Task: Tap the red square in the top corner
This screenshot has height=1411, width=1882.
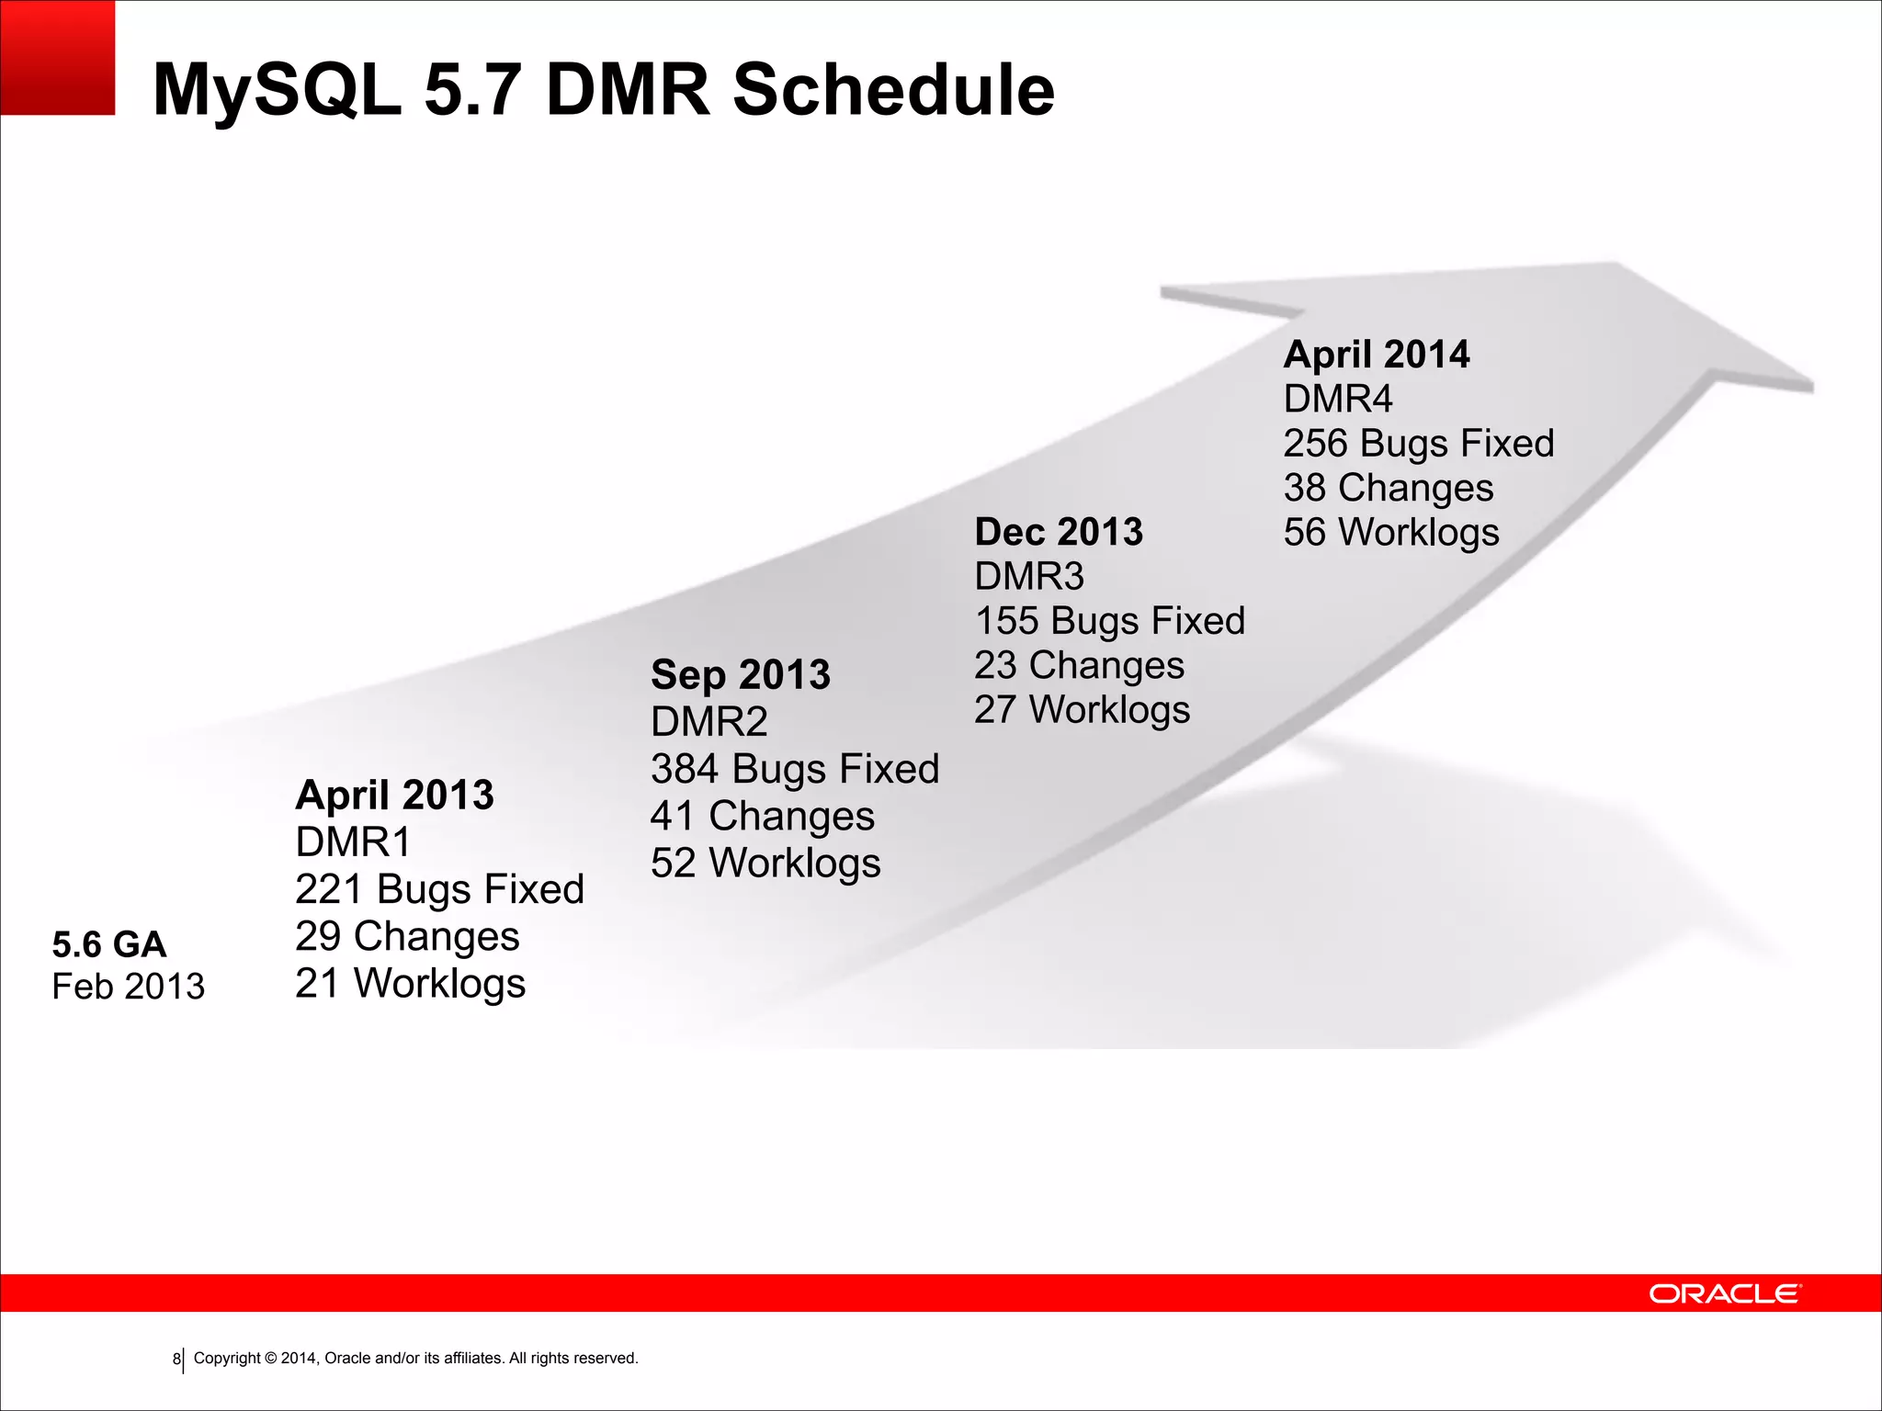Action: (x=57, y=57)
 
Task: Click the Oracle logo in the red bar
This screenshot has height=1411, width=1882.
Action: (x=1725, y=1293)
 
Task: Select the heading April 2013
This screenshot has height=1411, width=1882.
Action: (x=394, y=795)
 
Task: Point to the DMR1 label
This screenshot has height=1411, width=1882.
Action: (x=353, y=841)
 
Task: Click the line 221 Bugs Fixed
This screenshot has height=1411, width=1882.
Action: (x=439, y=889)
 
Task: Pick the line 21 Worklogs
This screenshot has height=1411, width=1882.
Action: (x=410, y=983)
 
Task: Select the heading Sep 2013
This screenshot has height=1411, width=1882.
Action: (x=740, y=675)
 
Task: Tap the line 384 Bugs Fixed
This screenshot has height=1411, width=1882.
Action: (x=795, y=769)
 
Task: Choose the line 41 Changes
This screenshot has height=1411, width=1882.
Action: (x=762, y=816)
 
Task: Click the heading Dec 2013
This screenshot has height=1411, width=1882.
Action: (x=1059, y=532)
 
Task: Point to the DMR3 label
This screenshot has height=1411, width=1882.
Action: (x=1029, y=576)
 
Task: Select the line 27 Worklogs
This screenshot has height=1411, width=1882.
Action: (x=1082, y=709)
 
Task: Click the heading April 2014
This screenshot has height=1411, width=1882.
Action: (x=1376, y=355)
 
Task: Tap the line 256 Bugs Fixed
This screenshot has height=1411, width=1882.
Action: (x=1418, y=443)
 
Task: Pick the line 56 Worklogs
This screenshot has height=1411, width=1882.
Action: (x=1390, y=532)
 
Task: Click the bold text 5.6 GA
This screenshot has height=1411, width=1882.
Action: (x=109, y=944)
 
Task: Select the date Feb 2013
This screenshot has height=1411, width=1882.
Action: (x=129, y=987)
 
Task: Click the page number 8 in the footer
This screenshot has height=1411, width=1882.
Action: (x=176, y=1359)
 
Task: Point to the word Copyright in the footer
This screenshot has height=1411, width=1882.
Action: (x=227, y=1358)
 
